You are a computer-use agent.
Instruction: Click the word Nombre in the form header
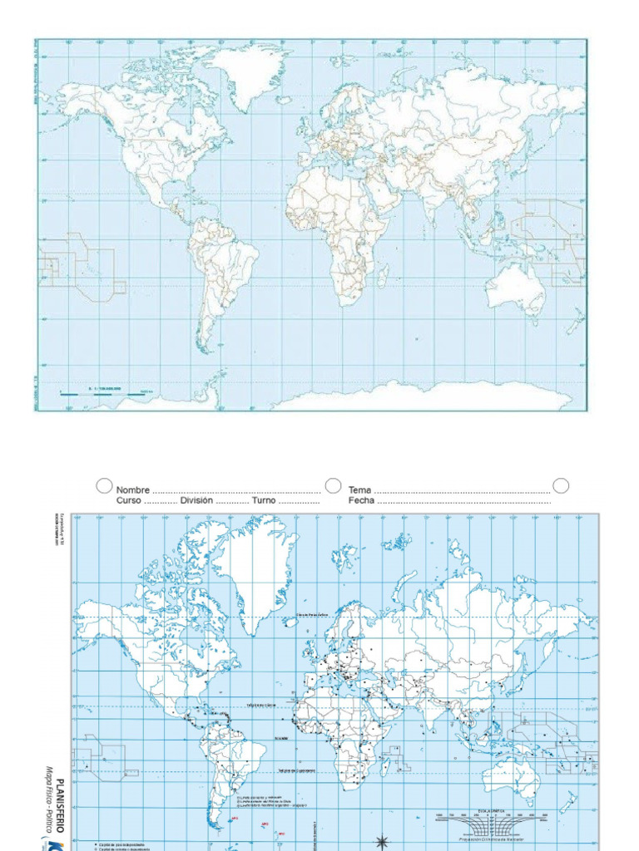pyautogui.click(x=133, y=490)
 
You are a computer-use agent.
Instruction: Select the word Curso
pyautogui.click(x=129, y=501)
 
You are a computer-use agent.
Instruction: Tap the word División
pyautogui.click(x=196, y=501)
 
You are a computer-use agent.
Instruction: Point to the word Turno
pyautogui.click(x=264, y=501)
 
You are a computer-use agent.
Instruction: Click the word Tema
pyautogui.click(x=359, y=490)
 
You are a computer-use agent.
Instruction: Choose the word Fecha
pyautogui.click(x=361, y=501)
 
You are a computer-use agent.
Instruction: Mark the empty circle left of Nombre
pyautogui.click(x=104, y=485)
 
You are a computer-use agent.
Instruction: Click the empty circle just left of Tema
pyautogui.click(x=333, y=485)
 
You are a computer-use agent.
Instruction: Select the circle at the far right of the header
pyautogui.click(x=561, y=485)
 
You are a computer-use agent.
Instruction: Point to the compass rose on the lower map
pyautogui.click(x=383, y=841)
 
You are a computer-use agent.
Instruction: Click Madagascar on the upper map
pyautogui.click(x=383, y=275)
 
